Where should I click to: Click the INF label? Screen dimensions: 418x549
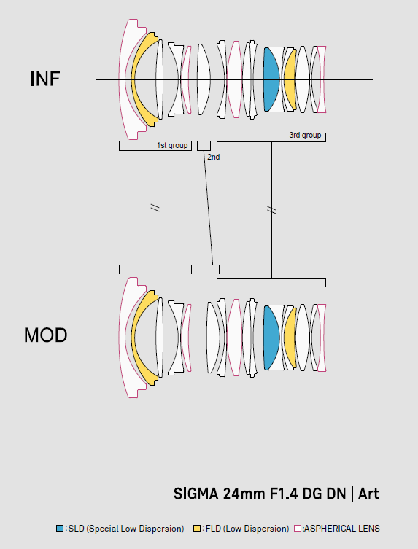pyautogui.click(x=45, y=79)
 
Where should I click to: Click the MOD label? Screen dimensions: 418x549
pyautogui.click(x=45, y=335)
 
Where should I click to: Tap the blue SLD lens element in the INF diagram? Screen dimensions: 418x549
pyautogui.click(x=271, y=79)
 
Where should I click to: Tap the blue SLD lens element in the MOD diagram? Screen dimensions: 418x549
pyautogui.click(x=271, y=338)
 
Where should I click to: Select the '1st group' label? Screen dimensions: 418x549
pyautogui.click(x=172, y=145)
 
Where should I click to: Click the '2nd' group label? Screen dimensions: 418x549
pyautogui.click(x=214, y=157)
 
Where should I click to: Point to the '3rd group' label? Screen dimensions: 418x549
pyautogui.click(x=305, y=135)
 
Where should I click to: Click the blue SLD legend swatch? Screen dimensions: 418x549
pyautogui.click(x=60, y=528)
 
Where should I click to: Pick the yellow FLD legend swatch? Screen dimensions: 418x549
pyautogui.click(x=197, y=528)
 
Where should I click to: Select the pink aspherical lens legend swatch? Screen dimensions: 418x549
pyautogui.click(x=298, y=528)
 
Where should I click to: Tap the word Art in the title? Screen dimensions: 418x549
pyautogui.click(x=368, y=494)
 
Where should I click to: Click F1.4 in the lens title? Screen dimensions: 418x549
pyautogui.click(x=284, y=494)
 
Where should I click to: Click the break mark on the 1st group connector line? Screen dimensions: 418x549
pyautogui.click(x=155, y=208)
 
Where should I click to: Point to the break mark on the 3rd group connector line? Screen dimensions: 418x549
pyautogui.click(x=271, y=210)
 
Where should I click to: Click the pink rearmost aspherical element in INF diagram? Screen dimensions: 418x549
pyautogui.click(x=322, y=79)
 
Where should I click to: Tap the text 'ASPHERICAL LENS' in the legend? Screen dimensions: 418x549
pyautogui.click(x=341, y=528)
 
